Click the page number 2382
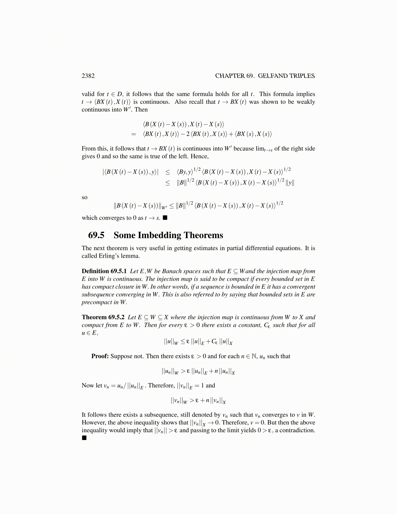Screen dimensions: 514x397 pyautogui.click(x=88, y=76)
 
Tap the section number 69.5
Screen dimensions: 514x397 pyautogui.click(x=96, y=235)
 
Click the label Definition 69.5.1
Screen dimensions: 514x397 pyautogui.click(x=104, y=271)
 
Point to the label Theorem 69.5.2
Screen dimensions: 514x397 pyautogui.click(x=103, y=317)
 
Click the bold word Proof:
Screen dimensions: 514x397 pyautogui.click(x=100, y=356)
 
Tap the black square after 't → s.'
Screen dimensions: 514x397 pyautogui.click(x=165, y=218)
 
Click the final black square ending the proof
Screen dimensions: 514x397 pyautogui.click(x=84, y=438)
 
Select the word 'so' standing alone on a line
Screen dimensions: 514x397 pyautogui.click(x=84, y=197)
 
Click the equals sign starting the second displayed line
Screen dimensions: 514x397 pyautogui.click(x=133, y=134)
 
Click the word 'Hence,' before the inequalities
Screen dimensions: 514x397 pyautogui.click(x=199, y=156)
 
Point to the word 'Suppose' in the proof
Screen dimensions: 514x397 pyautogui.click(x=121, y=356)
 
